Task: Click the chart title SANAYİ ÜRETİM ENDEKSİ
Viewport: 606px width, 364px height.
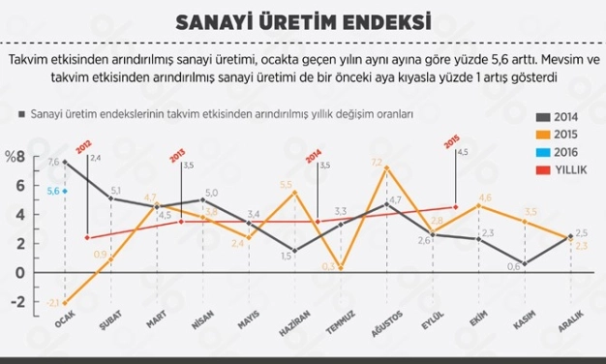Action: tap(302, 22)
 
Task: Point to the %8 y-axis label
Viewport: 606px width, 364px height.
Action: tap(15, 157)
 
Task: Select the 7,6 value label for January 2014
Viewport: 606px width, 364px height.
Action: tap(53, 162)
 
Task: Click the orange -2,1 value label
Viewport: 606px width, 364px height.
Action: tap(54, 302)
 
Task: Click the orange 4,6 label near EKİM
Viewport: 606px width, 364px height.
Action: tap(485, 197)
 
